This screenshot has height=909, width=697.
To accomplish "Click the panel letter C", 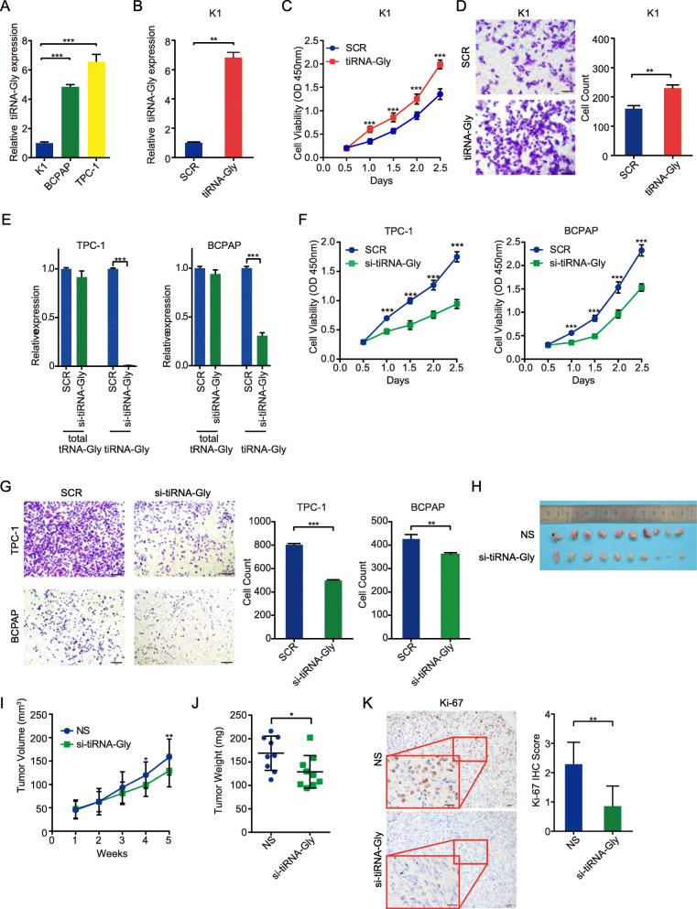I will click(288, 9).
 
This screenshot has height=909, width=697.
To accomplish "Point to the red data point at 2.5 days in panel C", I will click(440, 64).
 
